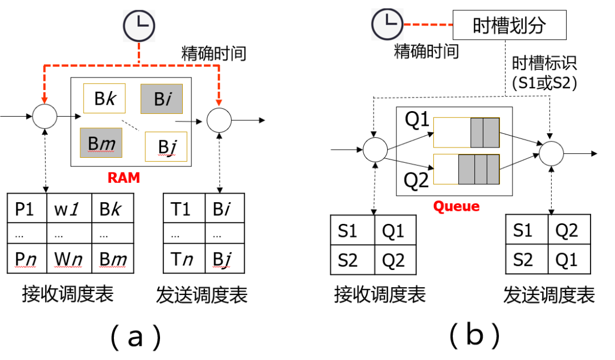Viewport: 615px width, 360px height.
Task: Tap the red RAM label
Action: [x=124, y=178]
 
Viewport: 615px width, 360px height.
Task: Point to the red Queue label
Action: [x=456, y=206]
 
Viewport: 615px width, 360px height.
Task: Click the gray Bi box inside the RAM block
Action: [x=162, y=99]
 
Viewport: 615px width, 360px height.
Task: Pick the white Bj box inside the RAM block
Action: [x=166, y=146]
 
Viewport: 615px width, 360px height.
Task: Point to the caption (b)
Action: [x=474, y=336]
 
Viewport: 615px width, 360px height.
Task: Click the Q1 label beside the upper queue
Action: [x=417, y=121]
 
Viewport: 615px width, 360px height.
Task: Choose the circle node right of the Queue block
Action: [x=551, y=154]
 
